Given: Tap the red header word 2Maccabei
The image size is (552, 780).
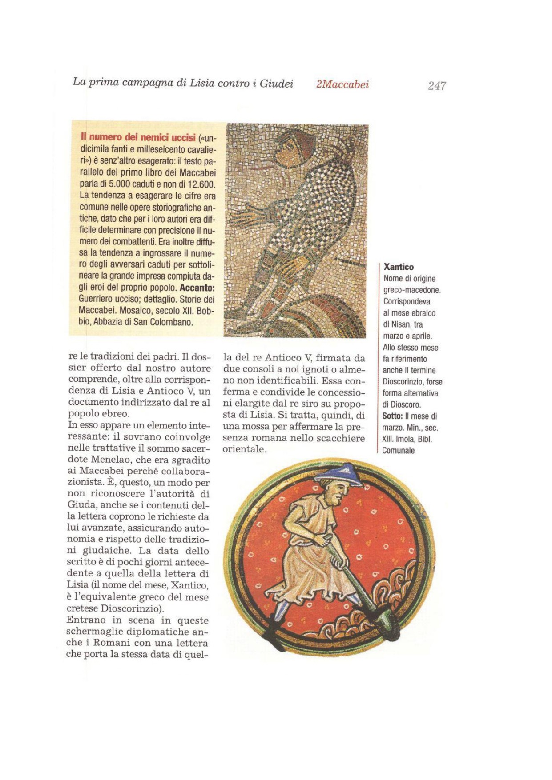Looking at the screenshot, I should coord(342,84).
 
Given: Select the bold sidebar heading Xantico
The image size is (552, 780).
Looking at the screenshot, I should coord(398,267).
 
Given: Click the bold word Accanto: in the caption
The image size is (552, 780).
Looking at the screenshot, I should coord(197,287).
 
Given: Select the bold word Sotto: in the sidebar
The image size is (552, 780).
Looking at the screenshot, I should coord(392,416).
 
